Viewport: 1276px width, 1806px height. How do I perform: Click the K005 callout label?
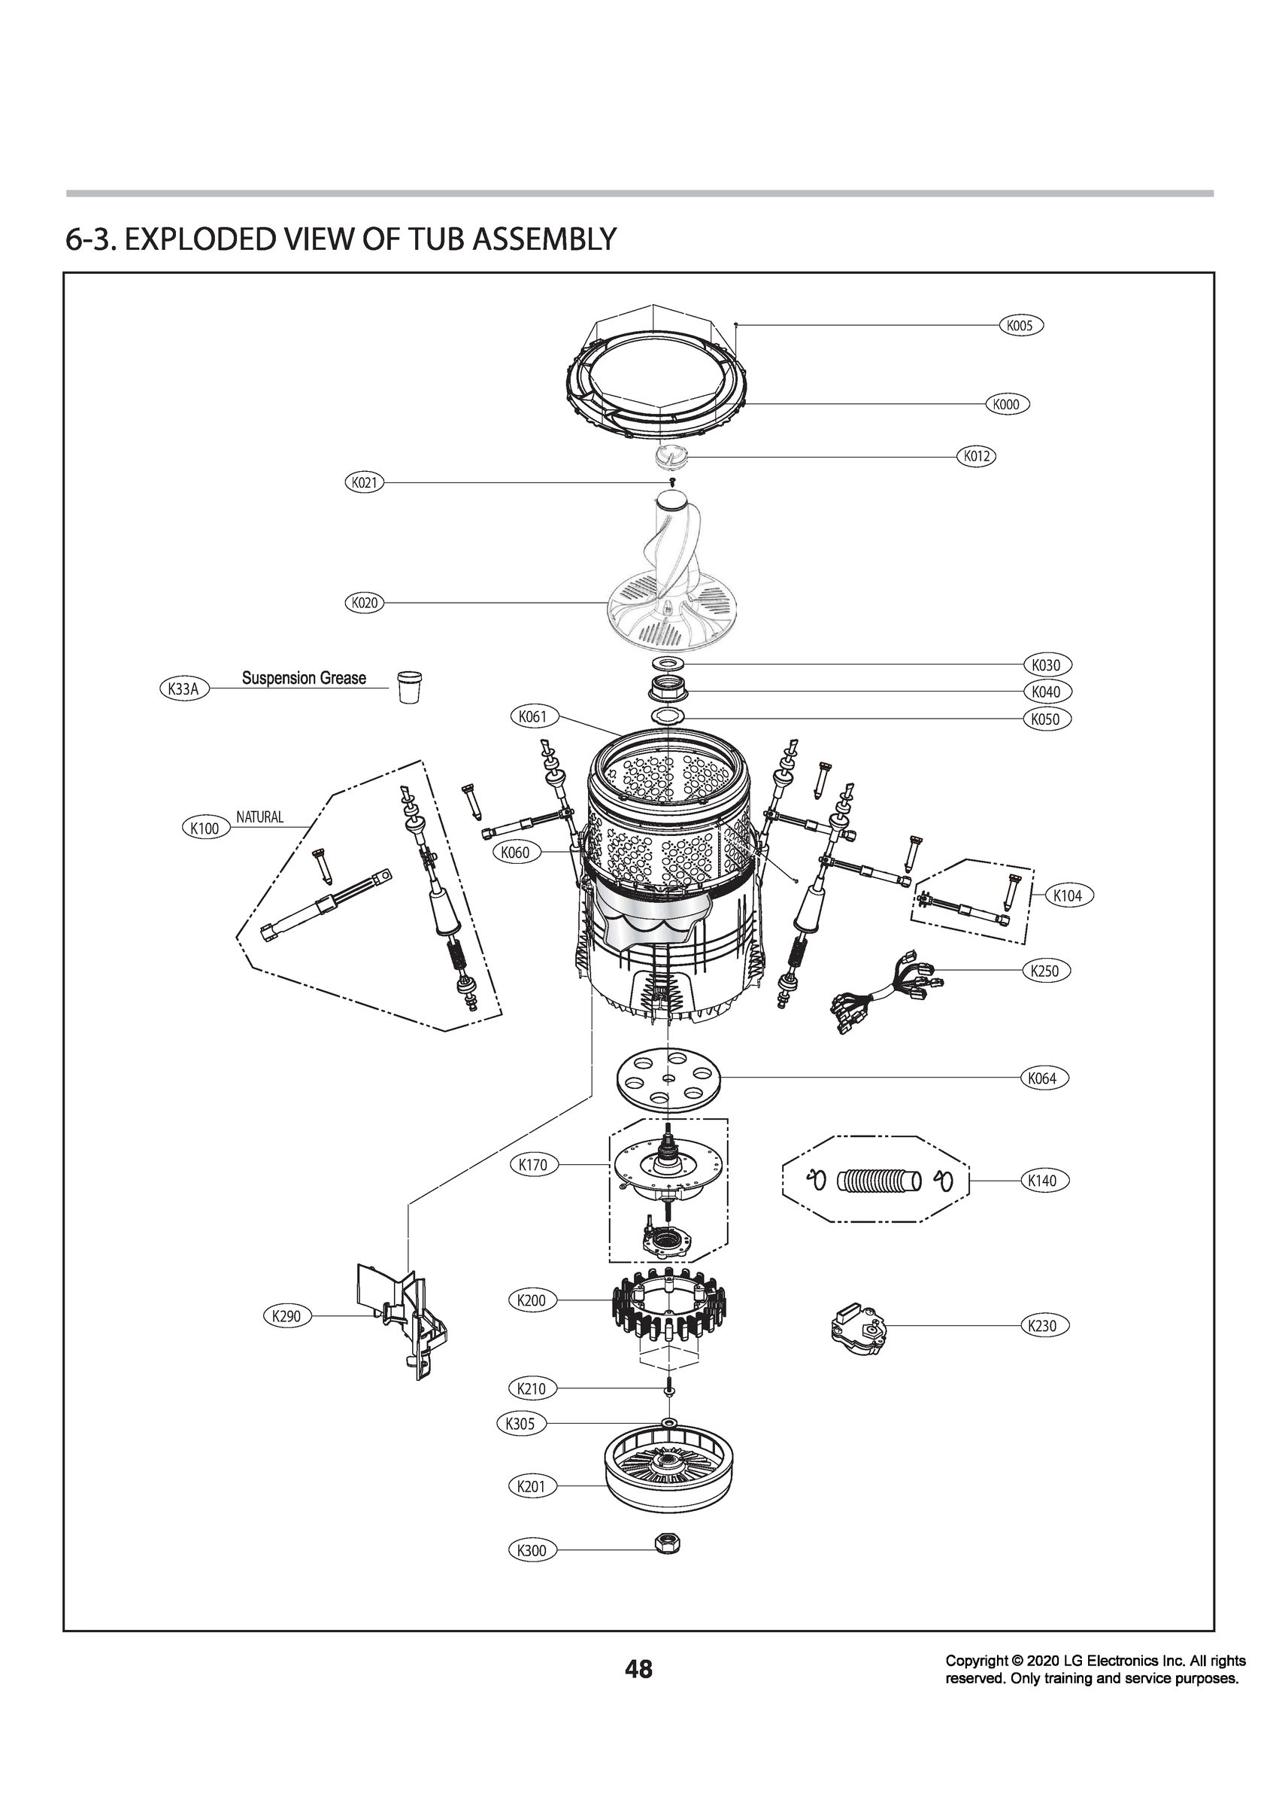(x=1020, y=325)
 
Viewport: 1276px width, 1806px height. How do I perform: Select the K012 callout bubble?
(x=975, y=455)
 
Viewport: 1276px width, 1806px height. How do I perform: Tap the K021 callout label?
(x=364, y=482)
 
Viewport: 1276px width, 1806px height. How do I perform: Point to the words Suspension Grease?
(x=304, y=677)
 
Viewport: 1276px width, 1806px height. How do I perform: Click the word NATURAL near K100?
(x=259, y=817)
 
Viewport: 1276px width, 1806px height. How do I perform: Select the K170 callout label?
(x=533, y=1165)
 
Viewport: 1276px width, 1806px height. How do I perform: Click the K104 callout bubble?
(x=1067, y=895)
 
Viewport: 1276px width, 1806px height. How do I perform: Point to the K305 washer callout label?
(x=520, y=1423)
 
